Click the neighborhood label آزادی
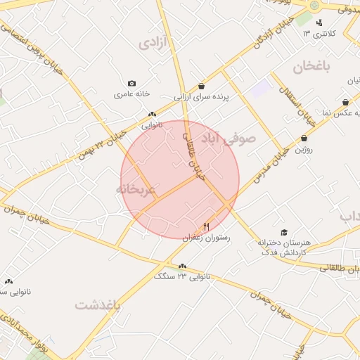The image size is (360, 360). [x=154, y=43]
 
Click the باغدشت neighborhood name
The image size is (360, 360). [x=98, y=306]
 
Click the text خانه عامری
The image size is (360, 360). [x=133, y=94]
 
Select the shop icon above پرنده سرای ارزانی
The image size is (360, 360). [x=202, y=86]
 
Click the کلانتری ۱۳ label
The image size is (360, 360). [x=319, y=34]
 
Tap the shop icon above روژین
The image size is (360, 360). [x=304, y=139]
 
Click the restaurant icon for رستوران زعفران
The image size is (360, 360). [x=206, y=226]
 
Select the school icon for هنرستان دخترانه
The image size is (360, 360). [x=284, y=232]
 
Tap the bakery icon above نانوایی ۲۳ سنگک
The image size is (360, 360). [x=183, y=266]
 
